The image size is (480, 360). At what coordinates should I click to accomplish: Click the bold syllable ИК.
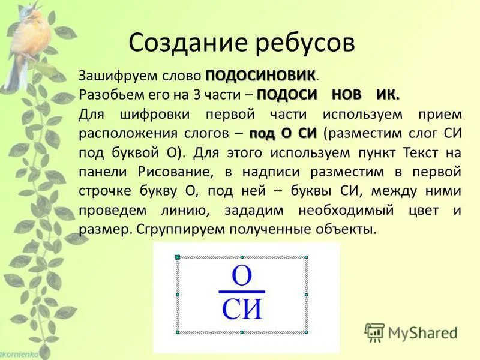click(387, 95)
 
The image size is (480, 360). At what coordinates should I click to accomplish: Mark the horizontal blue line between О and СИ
click(241, 292)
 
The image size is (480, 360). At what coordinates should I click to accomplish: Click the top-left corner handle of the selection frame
click(177, 257)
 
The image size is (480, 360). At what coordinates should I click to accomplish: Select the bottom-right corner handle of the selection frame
click(306, 332)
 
